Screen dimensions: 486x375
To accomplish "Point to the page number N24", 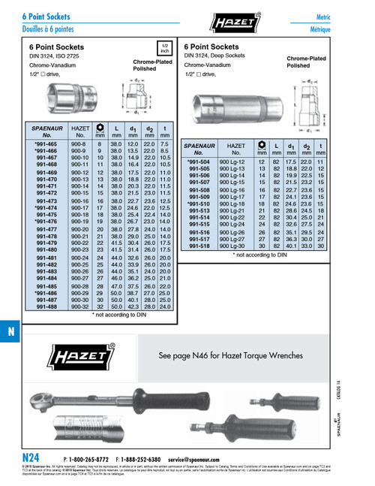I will tap(31, 457).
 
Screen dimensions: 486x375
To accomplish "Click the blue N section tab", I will tap(10, 332).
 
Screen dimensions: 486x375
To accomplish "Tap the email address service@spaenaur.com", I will tap(199, 458).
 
